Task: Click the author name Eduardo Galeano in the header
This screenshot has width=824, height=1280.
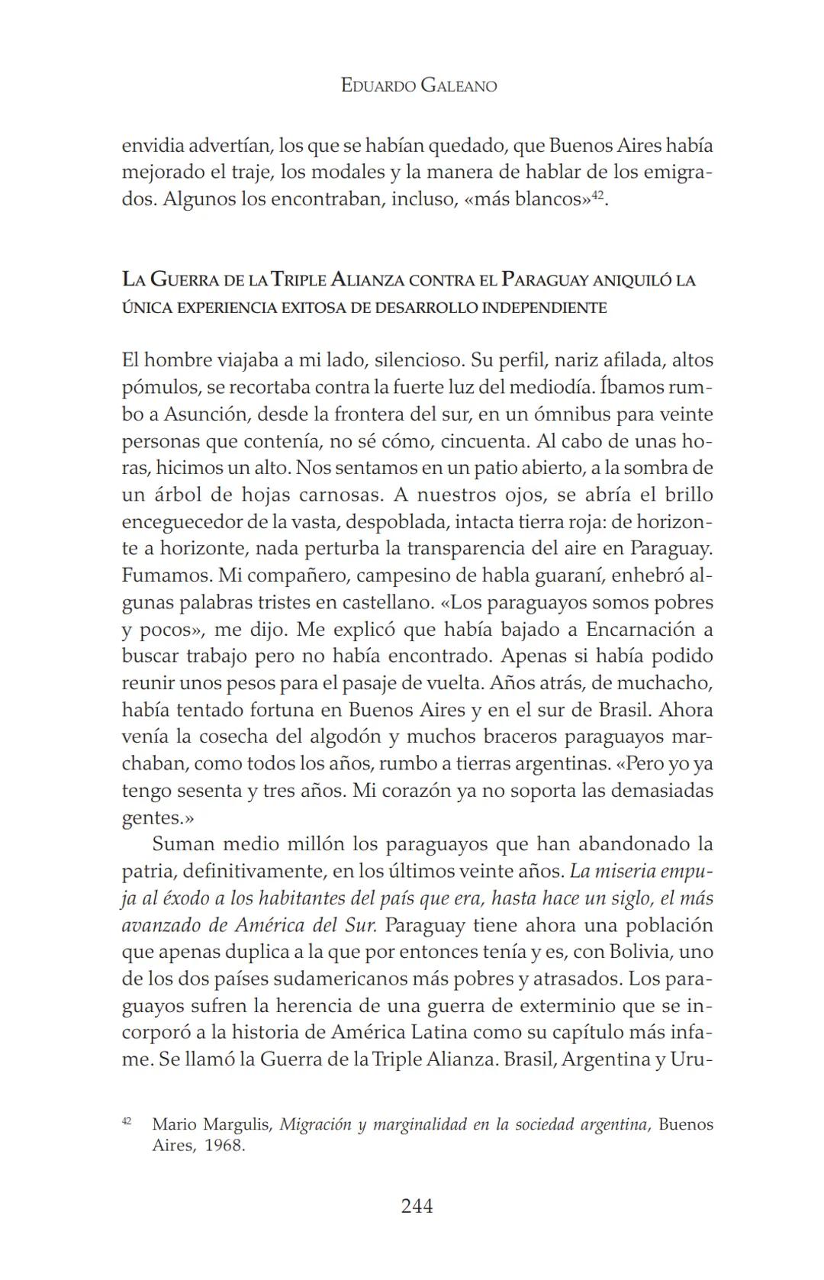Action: [x=418, y=85]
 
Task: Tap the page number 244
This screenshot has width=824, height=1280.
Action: [x=417, y=1207]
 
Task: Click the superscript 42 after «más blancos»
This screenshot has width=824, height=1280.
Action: [x=599, y=195]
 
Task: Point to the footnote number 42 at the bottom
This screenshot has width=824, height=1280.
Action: [x=127, y=1121]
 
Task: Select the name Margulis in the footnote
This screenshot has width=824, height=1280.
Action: [x=243, y=1125]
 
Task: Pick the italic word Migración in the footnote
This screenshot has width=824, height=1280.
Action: [x=314, y=1125]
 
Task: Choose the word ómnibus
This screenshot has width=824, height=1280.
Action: [x=491, y=414]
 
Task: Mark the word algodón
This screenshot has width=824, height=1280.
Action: [x=344, y=737]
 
